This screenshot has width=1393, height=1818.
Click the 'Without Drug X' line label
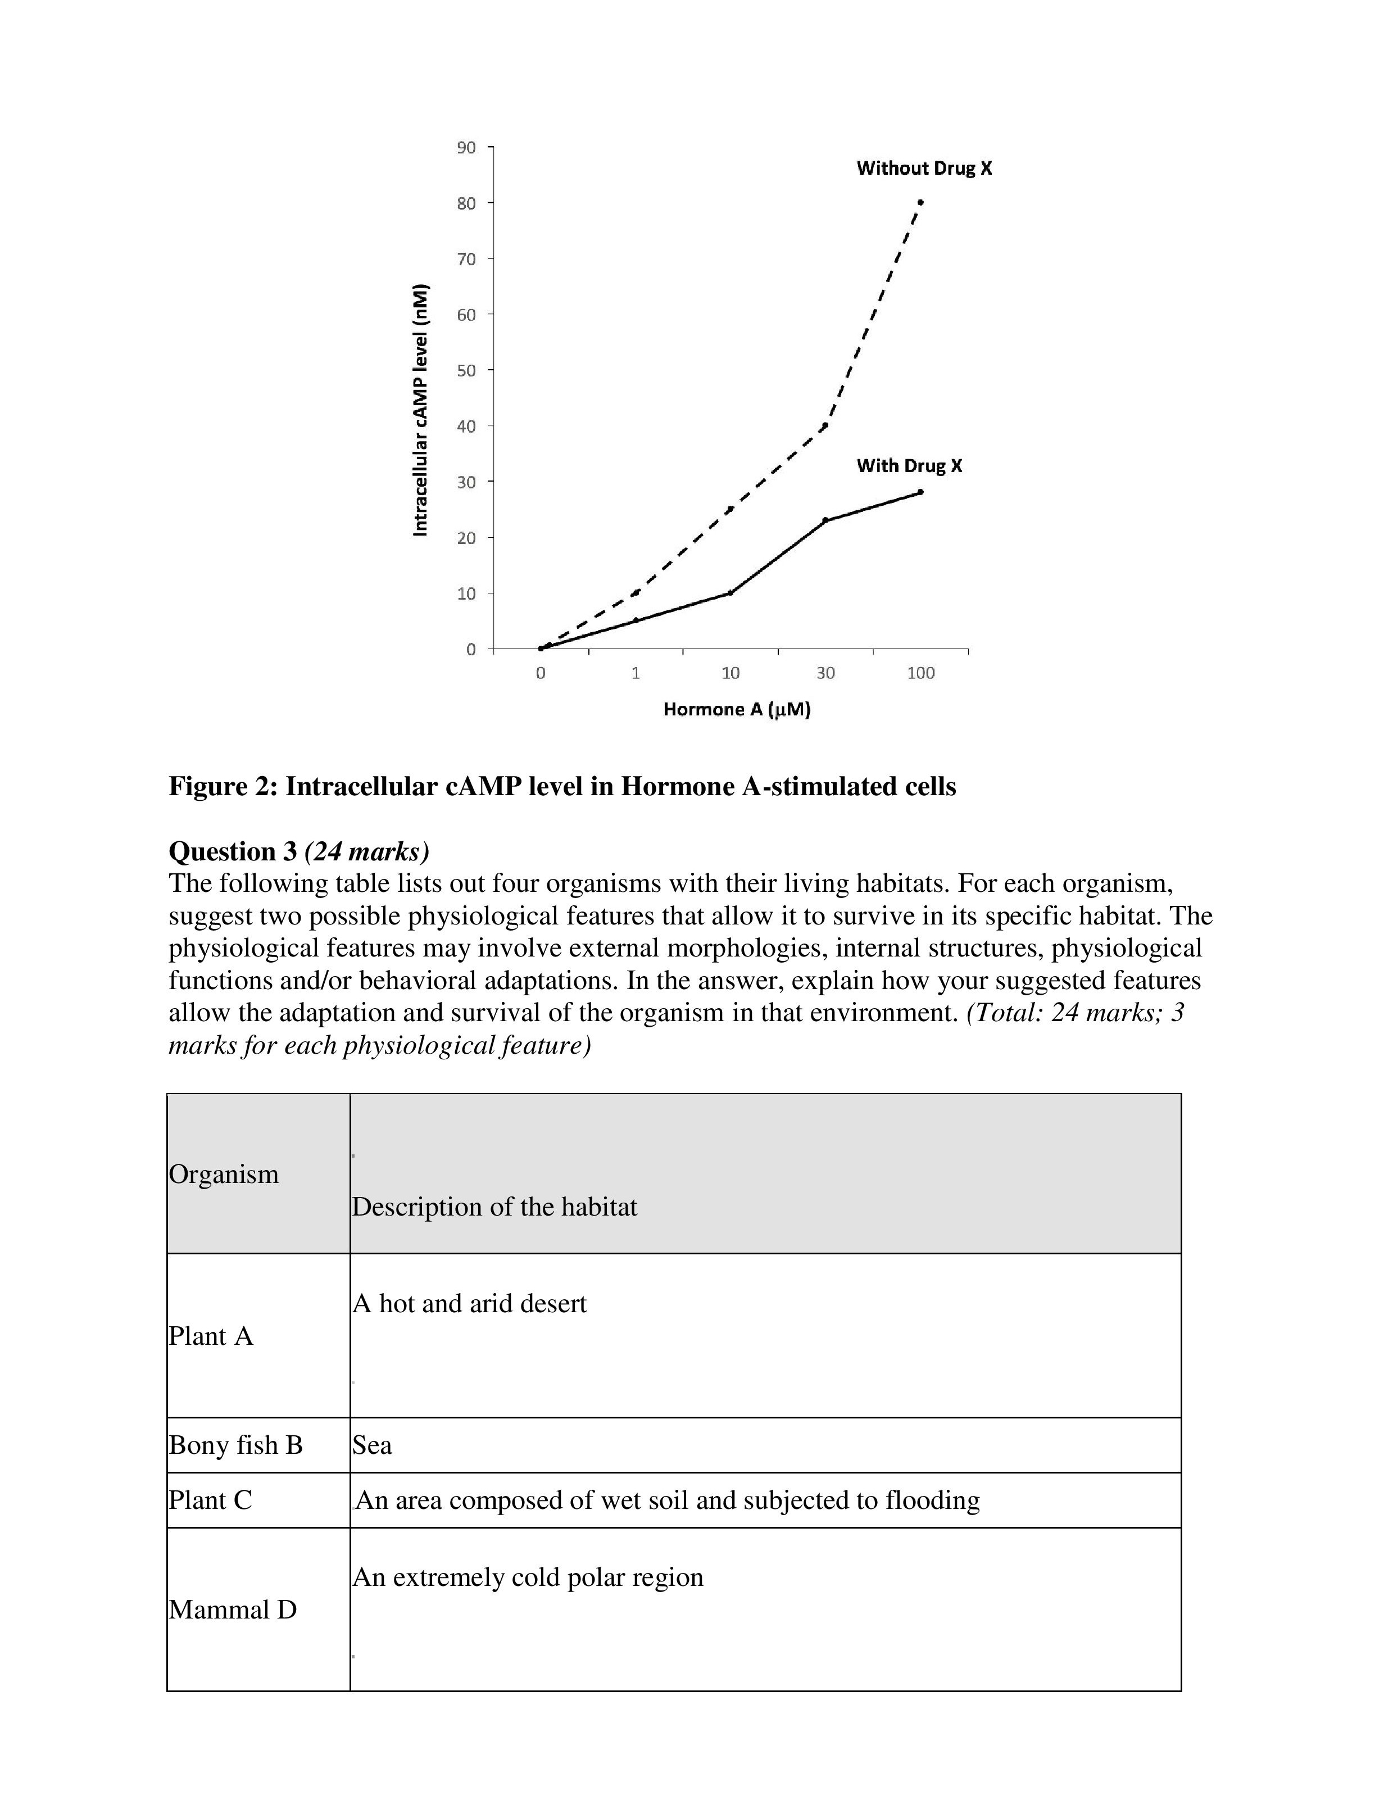(924, 169)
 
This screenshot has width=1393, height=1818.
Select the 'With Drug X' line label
(909, 466)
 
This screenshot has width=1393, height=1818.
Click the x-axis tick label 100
(920, 673)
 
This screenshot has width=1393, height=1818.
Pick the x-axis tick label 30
(825, 673)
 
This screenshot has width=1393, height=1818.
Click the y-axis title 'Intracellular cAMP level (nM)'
(421, 410)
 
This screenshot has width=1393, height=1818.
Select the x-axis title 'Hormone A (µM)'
(736, 710)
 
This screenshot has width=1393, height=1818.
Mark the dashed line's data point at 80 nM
(920, 202)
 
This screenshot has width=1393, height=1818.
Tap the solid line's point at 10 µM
(730, 593)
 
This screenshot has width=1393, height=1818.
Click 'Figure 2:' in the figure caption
(223, 786)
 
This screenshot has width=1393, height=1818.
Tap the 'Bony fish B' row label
(235, 1445)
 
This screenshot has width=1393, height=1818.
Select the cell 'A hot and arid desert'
(469, 1304)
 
